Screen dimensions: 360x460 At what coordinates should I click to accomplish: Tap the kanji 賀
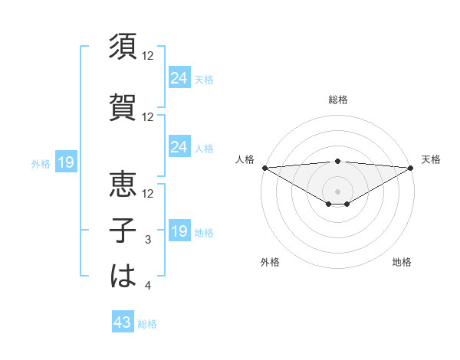pos(123,107)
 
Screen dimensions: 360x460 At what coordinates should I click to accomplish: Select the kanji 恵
pos(123,184)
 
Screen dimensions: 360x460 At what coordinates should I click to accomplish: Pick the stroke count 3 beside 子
pos(149,241)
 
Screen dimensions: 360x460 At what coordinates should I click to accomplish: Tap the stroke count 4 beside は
pos(149,286)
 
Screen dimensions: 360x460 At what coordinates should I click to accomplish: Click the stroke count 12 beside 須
pos(148,57)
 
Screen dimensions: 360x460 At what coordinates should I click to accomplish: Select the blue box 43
pos(123,323)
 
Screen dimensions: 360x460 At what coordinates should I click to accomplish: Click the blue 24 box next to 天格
pos(179,78)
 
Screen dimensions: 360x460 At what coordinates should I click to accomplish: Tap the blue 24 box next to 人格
pos(179,148)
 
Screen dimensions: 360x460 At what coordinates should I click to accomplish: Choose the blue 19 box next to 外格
pos(65,162)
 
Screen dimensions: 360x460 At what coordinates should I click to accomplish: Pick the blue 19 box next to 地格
pos(179,232)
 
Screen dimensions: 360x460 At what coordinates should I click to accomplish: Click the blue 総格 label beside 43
pos(148,324)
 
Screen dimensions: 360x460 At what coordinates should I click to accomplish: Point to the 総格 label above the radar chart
pos(338,100)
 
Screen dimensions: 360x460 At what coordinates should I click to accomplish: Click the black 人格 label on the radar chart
pos(245,159)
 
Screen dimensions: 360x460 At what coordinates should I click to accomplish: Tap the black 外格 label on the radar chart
pos(270,262)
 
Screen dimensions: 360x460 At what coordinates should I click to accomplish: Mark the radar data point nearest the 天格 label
pos(411,168)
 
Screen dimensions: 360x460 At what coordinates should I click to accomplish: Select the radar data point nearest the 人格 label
pos(264,168)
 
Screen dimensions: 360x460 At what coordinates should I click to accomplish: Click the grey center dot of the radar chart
pos(338,190)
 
